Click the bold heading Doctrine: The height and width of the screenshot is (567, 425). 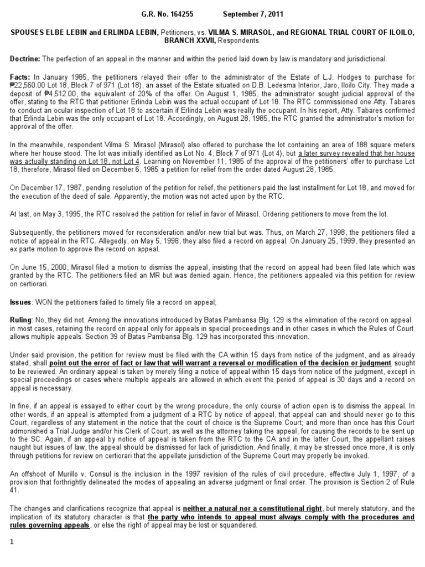coord(25,59)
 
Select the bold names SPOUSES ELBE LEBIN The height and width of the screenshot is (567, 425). coord(47,33)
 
